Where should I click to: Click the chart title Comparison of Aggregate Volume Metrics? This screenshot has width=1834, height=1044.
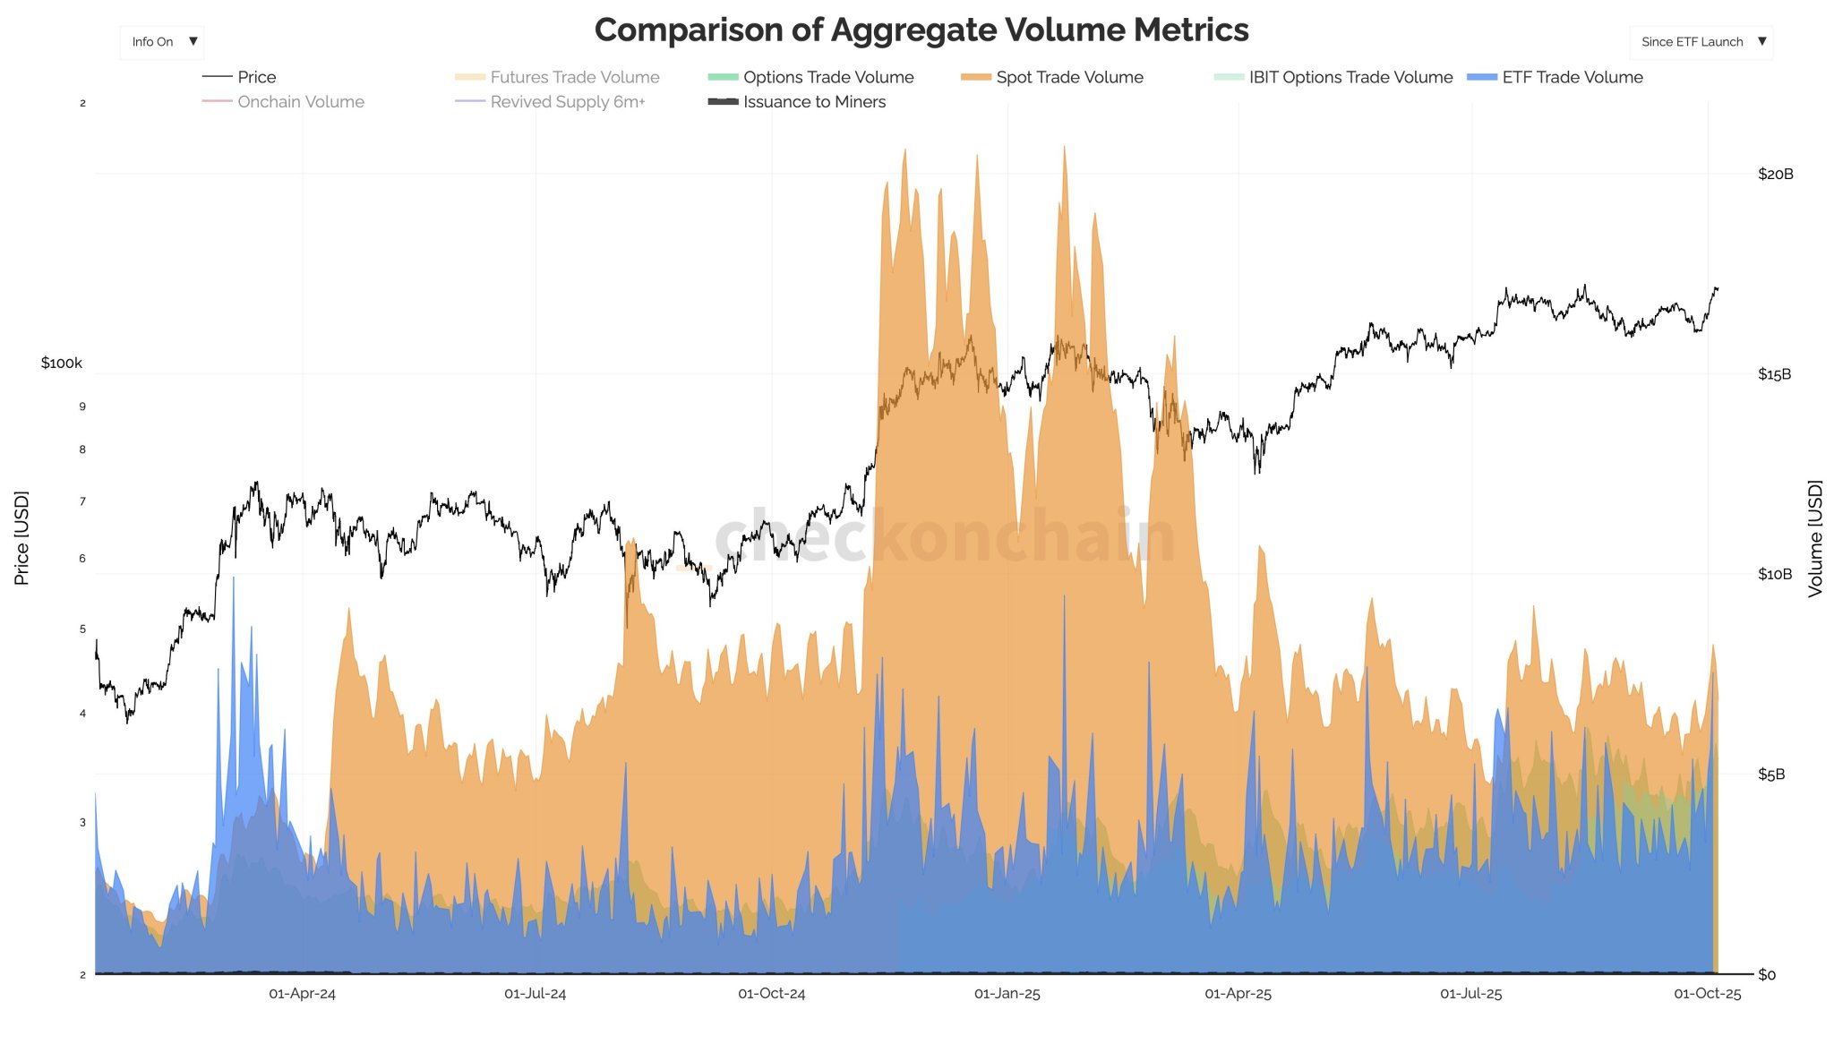click(x=921, y=30)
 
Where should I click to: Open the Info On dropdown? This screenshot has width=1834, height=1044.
click(x=162, y=42)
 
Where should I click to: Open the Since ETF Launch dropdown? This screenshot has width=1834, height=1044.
click(x=1701, y=42)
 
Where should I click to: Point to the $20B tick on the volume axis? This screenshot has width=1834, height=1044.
click(x=1775, y=174)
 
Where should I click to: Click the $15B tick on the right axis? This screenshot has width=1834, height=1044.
click(x=1774, y=374)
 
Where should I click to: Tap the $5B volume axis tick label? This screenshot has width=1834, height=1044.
click(x=1771, y=774)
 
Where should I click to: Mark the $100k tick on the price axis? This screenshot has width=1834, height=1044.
click(x=61, y=363)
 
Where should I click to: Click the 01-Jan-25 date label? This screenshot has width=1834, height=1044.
click(x=1007, y=994)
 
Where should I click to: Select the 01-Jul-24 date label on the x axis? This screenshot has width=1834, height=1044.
click(x=535, y=994)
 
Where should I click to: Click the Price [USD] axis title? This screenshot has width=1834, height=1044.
click(x=21, y=537)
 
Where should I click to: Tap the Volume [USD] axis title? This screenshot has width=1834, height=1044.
click(x=1814, y=537)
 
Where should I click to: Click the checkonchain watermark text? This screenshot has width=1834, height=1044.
click(x=945, y=537)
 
